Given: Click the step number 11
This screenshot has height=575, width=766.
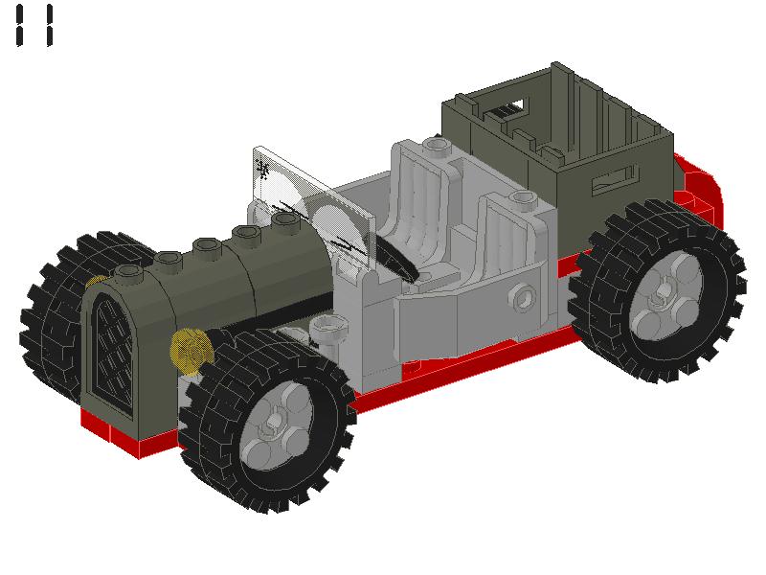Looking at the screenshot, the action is (x=34, y=26).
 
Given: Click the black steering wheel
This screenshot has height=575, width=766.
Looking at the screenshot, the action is (x=395, y=258).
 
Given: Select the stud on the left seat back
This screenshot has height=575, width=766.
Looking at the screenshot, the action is (x=437, y=146).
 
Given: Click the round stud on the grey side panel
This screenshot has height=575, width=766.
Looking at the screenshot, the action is (x=522, y=296).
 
